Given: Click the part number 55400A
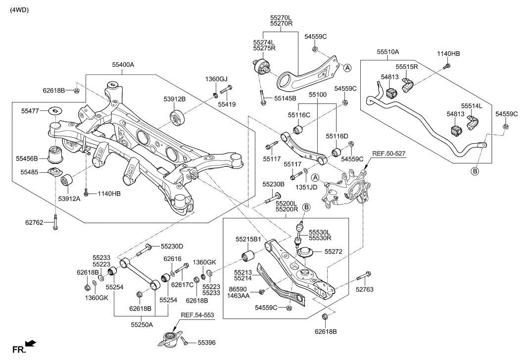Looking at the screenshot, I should [123, 65].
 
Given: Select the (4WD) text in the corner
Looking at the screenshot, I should [19, 9].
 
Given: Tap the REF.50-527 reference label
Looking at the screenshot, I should [388, 154].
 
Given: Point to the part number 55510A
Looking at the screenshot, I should [387, 51].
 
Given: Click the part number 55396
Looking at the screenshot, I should [207, 342].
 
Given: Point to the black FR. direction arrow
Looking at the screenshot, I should [31, 343].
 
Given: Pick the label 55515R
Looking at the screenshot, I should [406, 66].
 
